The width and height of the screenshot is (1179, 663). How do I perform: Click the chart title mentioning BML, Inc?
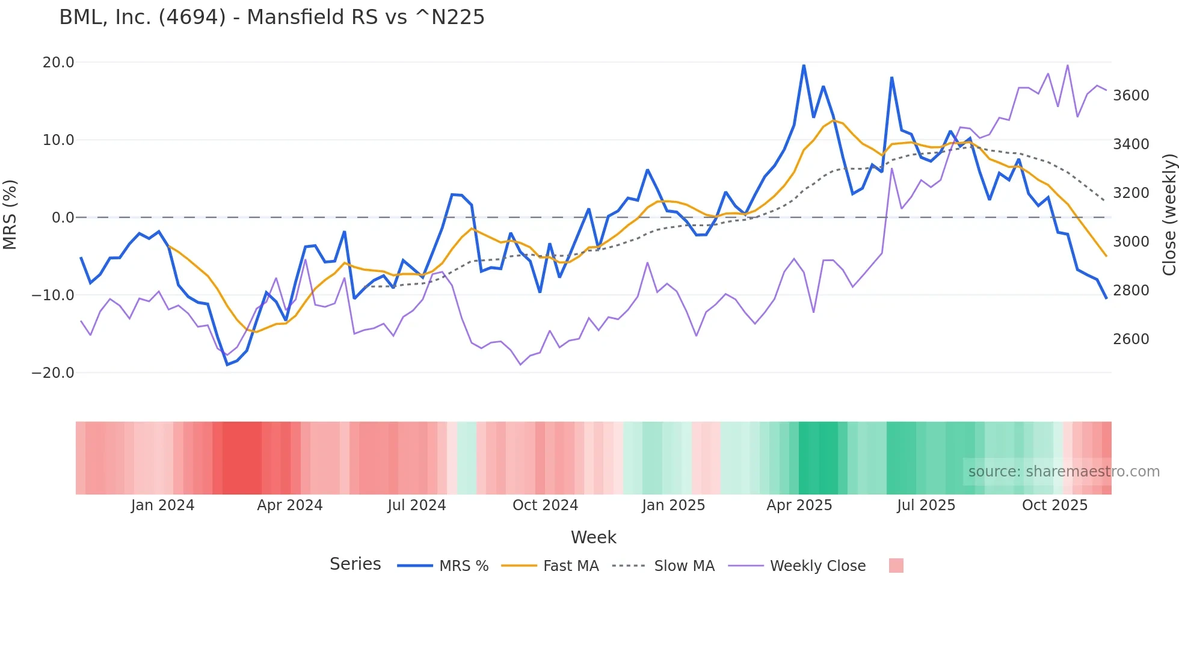pos(271,17)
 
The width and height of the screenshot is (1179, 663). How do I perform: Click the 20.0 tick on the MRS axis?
pos(58,63)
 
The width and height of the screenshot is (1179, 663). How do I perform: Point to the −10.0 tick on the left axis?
pos(53,295)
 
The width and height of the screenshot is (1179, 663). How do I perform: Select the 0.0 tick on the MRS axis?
pos(63,218)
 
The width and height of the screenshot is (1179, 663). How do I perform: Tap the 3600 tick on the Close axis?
pos(1131,96)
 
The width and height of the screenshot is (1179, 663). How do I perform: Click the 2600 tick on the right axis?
pos(1131,339)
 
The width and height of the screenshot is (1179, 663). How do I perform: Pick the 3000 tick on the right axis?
pos(1131,242)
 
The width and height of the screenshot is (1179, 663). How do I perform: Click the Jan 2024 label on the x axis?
pos(162,505)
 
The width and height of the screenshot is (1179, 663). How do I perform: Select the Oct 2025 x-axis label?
pos(1054,505)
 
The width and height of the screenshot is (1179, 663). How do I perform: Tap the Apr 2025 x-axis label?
pos(799,505)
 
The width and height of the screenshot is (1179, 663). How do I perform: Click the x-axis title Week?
pos(593,537)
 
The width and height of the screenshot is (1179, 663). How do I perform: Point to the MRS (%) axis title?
pos(10,214)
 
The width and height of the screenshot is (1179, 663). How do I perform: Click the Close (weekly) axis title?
pos(1169,214)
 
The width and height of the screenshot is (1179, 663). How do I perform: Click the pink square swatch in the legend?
pos(896,566)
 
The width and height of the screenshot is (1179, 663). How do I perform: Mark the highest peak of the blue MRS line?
pos(804,65)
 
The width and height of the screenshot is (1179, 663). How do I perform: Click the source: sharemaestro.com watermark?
pos(1064,472)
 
